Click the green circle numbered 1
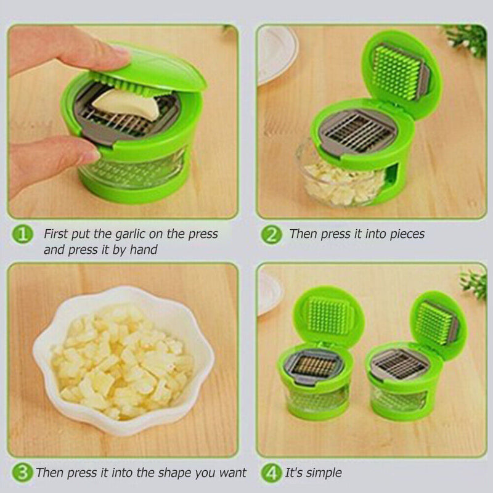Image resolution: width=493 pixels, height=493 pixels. (23, 235)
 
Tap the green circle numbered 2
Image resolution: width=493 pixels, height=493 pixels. (271, 235)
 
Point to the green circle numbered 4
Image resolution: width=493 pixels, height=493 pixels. (271, 473)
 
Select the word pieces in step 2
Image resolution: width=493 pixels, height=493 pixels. (404, 234)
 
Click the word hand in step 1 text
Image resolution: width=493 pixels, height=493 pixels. (144, 250)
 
